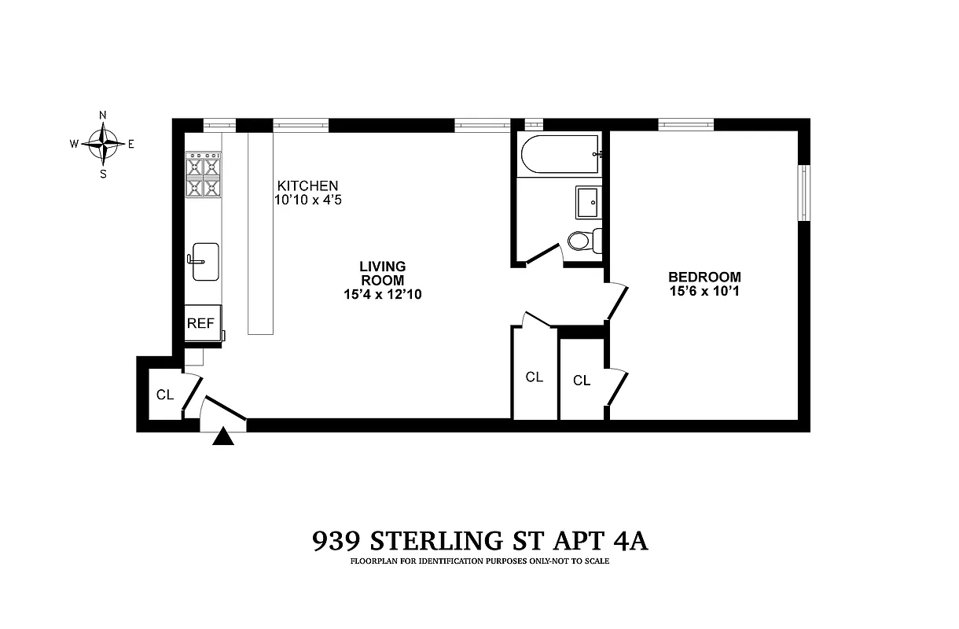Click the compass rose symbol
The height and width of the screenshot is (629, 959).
click(103, 143)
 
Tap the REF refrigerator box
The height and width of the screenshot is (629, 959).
click(201, 323)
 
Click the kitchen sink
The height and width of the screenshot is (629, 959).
click(205, 261)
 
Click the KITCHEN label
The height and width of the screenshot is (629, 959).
click(307, 186)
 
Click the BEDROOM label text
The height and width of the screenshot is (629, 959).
click(704, 277)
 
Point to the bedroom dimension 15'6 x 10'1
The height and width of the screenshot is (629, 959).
click(704, 291)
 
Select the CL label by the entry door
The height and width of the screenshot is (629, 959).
click(164, 395)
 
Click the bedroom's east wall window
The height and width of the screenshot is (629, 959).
click(803, 193)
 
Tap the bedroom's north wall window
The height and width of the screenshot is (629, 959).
click(685, 123)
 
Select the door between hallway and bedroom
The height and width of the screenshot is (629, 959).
click(617, 301)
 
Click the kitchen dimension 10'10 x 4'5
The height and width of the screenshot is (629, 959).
click(307, 200)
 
